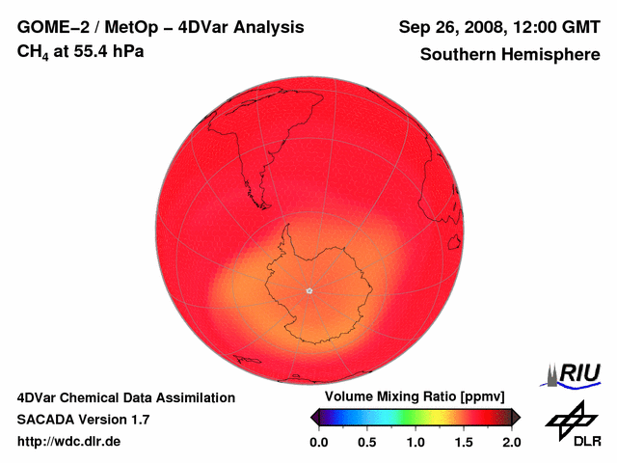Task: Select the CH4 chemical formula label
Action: coord(33,51)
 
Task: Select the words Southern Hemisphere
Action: coord(510,55)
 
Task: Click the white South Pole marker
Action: coord(308,289)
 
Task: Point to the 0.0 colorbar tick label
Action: coord(318,442)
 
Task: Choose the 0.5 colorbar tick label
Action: coord(366,442)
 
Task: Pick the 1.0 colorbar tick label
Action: coord(416,442)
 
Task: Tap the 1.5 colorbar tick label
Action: coord(464,442)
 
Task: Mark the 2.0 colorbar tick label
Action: coord(512,442)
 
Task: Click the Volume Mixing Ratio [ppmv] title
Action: coord(409,397)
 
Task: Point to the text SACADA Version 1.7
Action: coord(83,420)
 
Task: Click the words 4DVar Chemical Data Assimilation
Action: coord(126,397)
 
